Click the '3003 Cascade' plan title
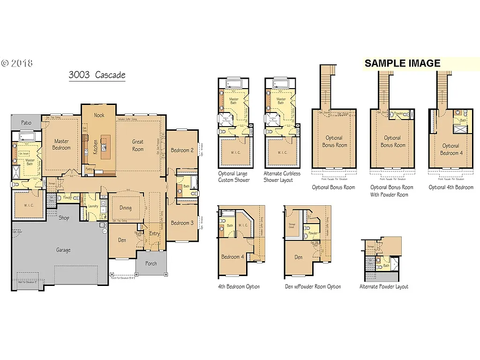pos(97,75)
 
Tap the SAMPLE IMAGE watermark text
pos(402,64)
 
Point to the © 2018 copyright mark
pos(17,63)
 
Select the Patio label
pos(27,123)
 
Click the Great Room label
pos(138,145)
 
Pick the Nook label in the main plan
pos(99,115)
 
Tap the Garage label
pos(63,250)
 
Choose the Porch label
pos(151,263)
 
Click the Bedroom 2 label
pos(182,150)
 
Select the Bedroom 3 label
pos(182,223)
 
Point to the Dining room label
pos(125,208)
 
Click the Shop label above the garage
pos(64,218)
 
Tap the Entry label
pos(154,233)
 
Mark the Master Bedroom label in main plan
pos(61,144)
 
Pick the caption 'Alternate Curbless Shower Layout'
pos(282,177)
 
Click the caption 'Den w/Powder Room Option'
pos(313,286)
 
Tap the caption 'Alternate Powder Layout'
pos(383,286)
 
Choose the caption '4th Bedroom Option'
pos(239,286)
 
